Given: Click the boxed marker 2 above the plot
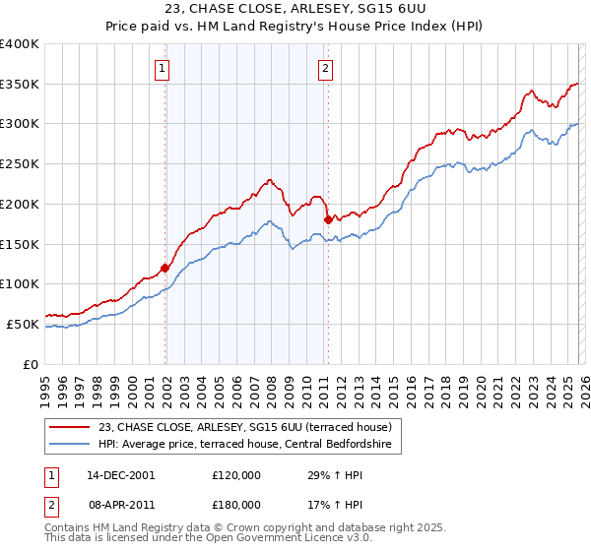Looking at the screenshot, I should click(325, 69).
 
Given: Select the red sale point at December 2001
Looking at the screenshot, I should click(164, 268).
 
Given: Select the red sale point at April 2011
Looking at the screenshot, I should click(327, 219).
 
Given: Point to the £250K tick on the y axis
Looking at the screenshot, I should click(20, 164).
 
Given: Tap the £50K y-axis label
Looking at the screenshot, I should click(23, 324).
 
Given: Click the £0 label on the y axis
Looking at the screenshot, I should click(32, 364).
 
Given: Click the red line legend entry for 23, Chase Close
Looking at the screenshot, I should click(245, 427).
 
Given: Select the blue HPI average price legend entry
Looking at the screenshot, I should click(245, 445).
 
